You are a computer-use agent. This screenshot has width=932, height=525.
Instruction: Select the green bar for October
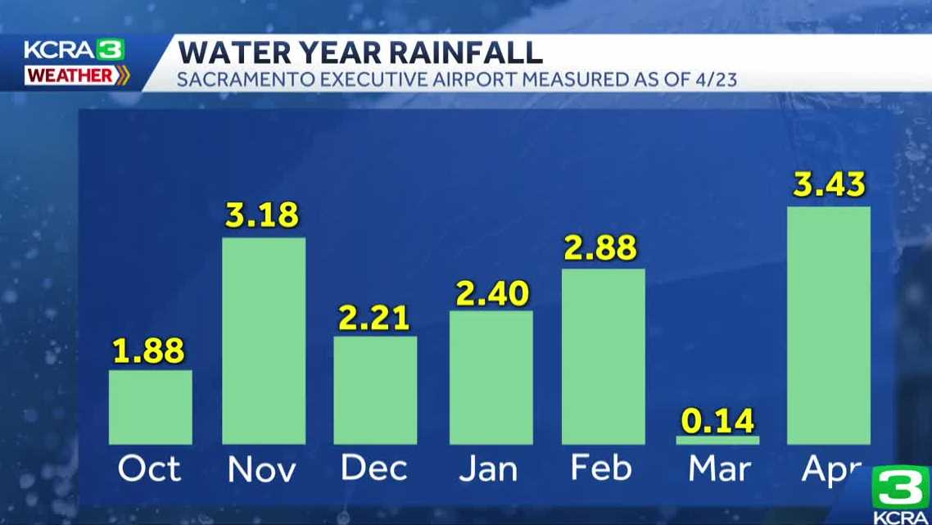(151, 407)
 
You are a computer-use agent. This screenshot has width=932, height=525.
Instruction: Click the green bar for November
(264, 341)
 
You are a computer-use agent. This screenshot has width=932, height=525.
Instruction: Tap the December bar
(375, 390)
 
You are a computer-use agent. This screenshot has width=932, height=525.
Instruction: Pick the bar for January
(491, 378)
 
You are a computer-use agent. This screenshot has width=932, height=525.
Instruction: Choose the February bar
(604, 356)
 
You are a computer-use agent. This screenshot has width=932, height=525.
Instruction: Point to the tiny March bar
(717, 440)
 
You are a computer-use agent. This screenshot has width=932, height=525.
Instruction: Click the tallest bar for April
(828, 325)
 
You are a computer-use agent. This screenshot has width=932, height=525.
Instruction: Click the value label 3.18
(263, 215)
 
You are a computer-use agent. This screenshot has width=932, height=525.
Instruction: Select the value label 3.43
(828, 184)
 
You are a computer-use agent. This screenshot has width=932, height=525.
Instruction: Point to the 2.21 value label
(374, 318)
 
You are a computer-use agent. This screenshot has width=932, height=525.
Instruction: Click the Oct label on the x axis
(150, 469)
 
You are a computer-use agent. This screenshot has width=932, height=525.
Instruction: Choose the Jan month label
(489, 469)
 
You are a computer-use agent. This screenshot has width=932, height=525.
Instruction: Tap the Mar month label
(718, 469)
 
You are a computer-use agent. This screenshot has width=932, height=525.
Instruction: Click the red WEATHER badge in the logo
(70, 75)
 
